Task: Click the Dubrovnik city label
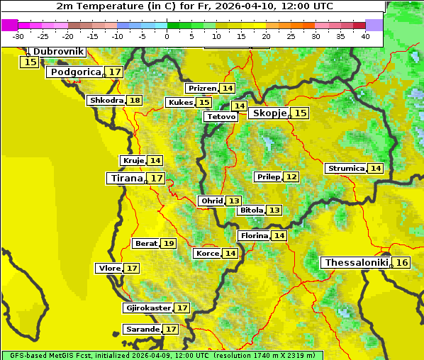coord(57,52)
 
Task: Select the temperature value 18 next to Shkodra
coord(135,101)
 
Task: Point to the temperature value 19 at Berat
coord(168,244)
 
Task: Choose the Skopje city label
coord(268,113)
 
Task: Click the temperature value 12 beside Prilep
coord(291,176)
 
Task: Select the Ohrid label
coord(211,201)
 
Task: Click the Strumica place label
coord(345,169)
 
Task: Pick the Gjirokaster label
coord(147,308)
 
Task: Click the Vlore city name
coord(108,269)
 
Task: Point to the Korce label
coord(207,254)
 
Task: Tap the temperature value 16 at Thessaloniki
coord(402,263)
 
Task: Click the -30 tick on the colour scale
coord(18,36)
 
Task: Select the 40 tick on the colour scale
coord(365,36)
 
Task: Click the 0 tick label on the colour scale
coord(167,36)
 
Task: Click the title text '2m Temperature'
coord(96,6)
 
